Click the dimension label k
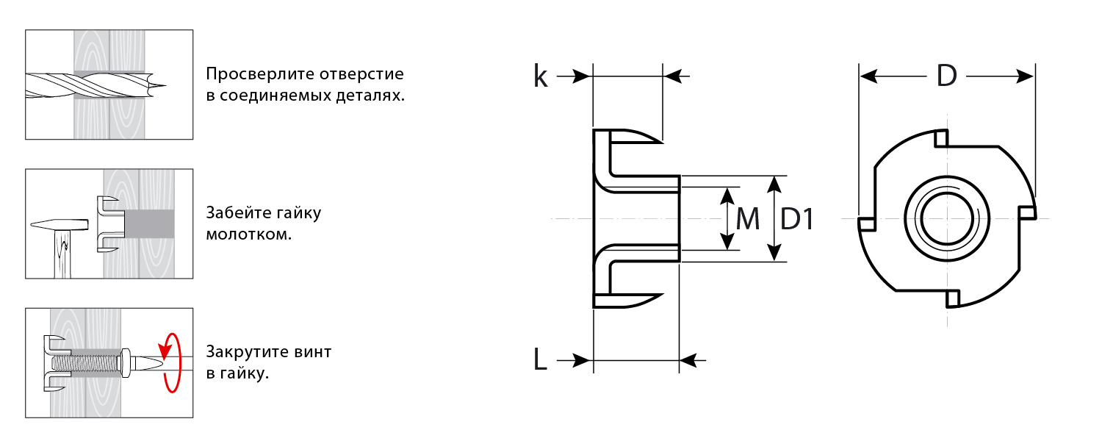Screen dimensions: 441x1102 point(541,76)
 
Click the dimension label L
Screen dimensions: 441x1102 point(541,359)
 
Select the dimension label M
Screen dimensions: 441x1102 point(747,219)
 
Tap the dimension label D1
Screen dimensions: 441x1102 point(797,219)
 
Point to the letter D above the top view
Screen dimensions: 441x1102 point(947,76)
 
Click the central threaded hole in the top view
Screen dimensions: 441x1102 point(948,219)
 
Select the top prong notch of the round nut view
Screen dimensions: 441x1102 point(941,138)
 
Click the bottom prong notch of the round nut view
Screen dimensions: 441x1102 point(953,298)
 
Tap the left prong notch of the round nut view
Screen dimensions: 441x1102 point(867,223)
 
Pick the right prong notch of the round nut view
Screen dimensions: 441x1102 point(1027,212)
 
